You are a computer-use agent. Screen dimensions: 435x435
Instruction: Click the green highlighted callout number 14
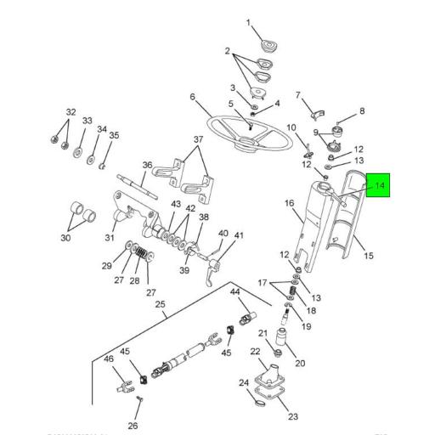click(x=379, y=185)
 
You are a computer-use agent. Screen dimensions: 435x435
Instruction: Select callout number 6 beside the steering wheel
click(x=193, y=97)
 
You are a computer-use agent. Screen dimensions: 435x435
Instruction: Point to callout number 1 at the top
click(x=249, y=23)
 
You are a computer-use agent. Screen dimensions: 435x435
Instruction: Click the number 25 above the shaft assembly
click(x=161, y=303)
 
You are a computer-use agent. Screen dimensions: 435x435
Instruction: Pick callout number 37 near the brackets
click(x=198, y=140)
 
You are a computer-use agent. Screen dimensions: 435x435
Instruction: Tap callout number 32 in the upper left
click(x=71, y=112)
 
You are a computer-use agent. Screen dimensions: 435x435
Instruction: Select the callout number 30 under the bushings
click(x=65, y=239)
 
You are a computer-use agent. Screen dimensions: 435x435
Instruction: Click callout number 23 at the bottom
click(x=293, y=416)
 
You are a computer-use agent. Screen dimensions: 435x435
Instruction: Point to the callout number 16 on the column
click(x=289, y=203)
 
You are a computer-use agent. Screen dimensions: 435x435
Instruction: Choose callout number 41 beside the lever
click(x=239, y=235)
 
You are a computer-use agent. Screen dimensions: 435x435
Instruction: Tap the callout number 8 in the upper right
click(x=361, y=110)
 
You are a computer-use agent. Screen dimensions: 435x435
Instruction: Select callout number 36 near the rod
click(x=147, y=166)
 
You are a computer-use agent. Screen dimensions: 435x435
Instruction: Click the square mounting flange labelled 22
click(x=273, y=380)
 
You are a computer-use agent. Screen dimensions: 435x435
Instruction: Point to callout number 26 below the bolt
click(x=133, y=426)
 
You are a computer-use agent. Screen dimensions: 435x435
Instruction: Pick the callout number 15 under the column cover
click(x=368, y=256)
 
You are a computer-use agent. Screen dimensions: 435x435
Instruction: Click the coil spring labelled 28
click(x=144, y=253)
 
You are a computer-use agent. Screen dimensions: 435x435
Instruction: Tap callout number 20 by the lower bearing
click(x=299, y=363)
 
